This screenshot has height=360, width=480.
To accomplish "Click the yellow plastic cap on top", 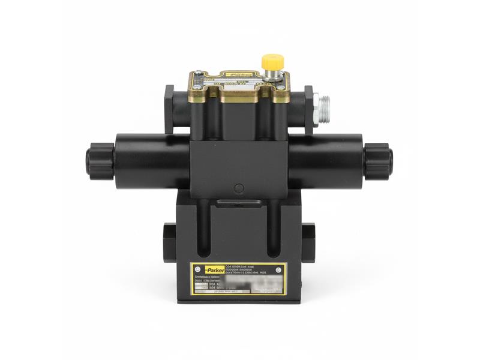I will (272, 61).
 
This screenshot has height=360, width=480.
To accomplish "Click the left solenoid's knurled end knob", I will (95, 161).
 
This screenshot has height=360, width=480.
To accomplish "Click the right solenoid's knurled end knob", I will (379, 161).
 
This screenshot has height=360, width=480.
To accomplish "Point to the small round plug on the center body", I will (239, 188).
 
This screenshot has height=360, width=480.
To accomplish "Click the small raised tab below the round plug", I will (239, 203).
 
